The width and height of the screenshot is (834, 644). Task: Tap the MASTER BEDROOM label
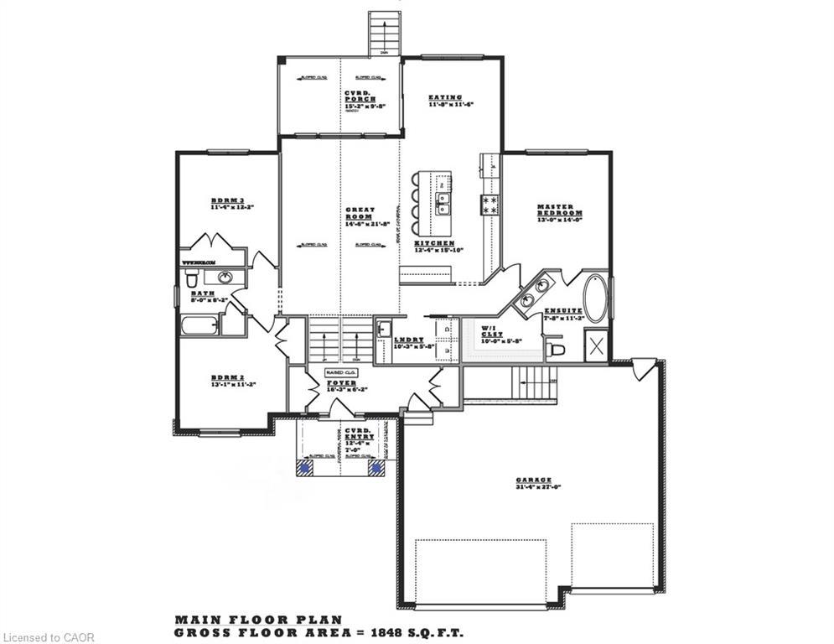point(560,210)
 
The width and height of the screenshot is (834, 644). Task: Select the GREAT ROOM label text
point(360,213)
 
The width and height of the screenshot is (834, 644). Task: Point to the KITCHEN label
point(434,243)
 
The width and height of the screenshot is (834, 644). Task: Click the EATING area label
point(445,97)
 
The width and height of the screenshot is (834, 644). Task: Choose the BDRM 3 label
point(225,201)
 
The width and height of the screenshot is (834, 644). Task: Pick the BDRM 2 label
point(225,378)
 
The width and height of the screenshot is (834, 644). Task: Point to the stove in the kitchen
point(490,204)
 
